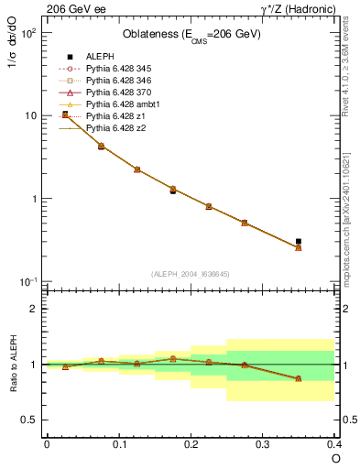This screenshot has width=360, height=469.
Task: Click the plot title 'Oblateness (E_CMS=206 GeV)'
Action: tap(191, 35)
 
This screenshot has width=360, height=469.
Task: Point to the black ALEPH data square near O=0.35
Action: tap(299, 242)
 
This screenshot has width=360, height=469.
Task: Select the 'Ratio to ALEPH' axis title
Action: tap(12, 364)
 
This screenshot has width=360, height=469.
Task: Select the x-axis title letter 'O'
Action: tap(334, 458)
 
